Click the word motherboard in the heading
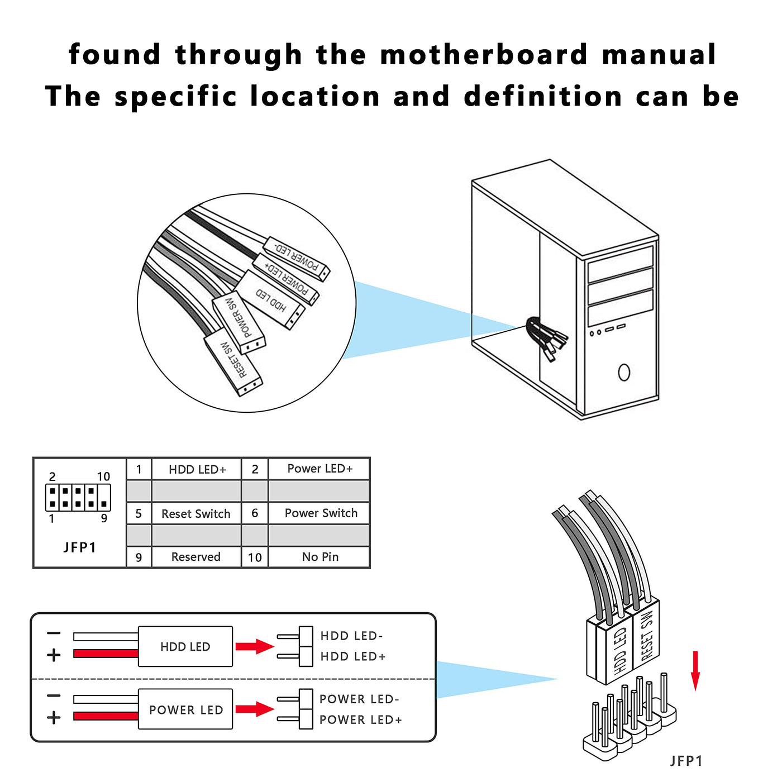click(x=484, y=55)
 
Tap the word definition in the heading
click(x=543, y=97)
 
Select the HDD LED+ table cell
click(x=197, y=469)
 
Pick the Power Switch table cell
click(x=320, y=513)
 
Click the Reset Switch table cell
click(x=195, y=513)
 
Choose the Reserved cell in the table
click(x=195, y=557)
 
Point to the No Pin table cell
click(x=320, y=557)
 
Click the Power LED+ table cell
click(x=320, y=469)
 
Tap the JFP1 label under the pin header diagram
click(x=79, y=547)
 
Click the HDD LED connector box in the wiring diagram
click(x=185, y=646)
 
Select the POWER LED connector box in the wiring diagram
click(x=185, y=709)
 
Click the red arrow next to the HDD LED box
click(x=254, y=646)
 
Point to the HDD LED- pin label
click(x=351, y=636)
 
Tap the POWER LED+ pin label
click(x=360, y=719)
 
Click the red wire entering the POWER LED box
click(x=106, y=716)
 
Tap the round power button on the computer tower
click(x=624, y=372)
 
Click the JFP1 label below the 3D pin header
click(x=686, y=761)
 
